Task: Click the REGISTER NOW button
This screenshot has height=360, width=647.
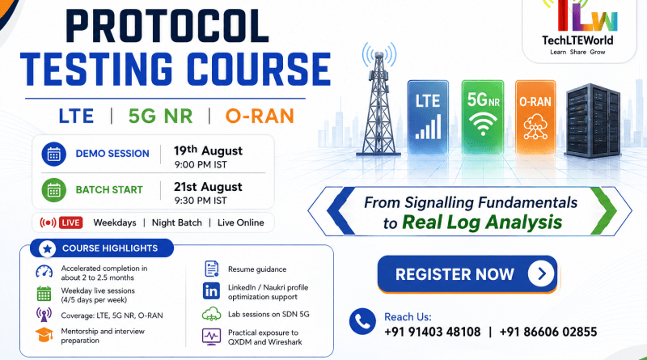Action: click(x=467, y=274)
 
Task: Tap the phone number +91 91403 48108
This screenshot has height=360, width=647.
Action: click(x=433, y=332)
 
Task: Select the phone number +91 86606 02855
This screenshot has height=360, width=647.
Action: click(x=548, y=332)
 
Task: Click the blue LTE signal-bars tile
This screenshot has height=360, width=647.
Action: click(x=428, y=117)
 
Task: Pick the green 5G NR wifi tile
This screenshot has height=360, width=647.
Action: click(x=483, y=117)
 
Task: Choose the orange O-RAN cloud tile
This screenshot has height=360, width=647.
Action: click(x=535, y=117)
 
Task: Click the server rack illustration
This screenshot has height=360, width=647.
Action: click(x=594, y=121)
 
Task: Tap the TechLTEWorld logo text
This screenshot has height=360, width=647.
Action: click(x=577, y=40)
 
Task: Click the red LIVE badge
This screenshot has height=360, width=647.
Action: click(x=70, y=222)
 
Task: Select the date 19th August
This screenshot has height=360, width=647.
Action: click(x=208, y=150)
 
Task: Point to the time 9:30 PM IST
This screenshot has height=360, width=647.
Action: click(x=201, y=201)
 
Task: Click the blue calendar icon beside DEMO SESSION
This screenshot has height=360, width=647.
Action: click(x=53, y=154)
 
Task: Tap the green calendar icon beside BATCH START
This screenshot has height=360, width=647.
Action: click(x=53, y=190)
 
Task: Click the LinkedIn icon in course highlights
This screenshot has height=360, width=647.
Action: click(x=211, y=291)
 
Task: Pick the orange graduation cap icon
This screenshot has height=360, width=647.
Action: click(x=44, y=335)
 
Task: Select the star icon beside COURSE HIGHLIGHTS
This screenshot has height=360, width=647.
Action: click(x=48, y=248)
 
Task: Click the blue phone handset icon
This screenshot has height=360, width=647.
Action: click(x=362, y=321)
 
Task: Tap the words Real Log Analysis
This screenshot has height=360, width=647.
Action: click(x=482, y=222)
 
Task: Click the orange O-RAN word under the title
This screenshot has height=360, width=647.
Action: click(x=260, y=116)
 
